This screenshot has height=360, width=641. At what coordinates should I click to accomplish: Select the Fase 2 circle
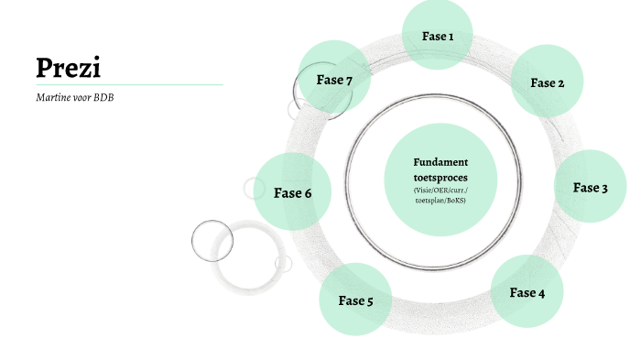pyautogui.click(x=547, y=82)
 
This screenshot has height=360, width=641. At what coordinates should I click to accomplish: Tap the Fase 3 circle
pyautogui.click(x=591, y=187)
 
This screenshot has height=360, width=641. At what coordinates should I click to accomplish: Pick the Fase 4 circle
pyautogui.click(x=527, y=292)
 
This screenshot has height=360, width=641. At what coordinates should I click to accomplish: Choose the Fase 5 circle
pyautogui.click(x=355, y=300)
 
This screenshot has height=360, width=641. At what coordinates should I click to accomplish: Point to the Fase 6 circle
pyautogui.click(x=292, y=192)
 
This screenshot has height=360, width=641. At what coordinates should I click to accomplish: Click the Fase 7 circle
pyautogui.click(x=334, y=79)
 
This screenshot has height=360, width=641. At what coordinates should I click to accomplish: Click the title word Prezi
pyautogui.click(x=68, y=67)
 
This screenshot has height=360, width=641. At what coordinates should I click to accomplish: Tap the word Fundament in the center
pyautogui.click(x=440, y=162)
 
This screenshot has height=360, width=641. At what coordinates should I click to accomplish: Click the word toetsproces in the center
pyautogui.click(x=440, y=176)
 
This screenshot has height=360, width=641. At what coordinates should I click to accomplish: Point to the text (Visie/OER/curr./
pyautogui.click(x=440, y=190)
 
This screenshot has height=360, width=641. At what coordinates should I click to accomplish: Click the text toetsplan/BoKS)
pyautogui.click(x=440, y=200)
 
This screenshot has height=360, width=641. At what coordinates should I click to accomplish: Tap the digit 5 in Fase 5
pyautogui.click(x=368, y=300)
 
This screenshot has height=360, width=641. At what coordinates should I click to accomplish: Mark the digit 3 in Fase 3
pyautogui.click(x=603, y=188)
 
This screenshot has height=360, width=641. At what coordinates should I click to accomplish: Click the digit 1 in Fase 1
pyautogui.click(x=451, y=36)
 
